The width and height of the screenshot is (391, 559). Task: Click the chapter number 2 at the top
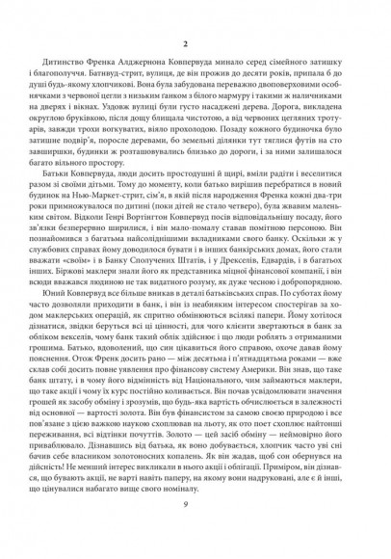(x=195, y=46)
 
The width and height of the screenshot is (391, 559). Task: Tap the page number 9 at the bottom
(x=195, y=521)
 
